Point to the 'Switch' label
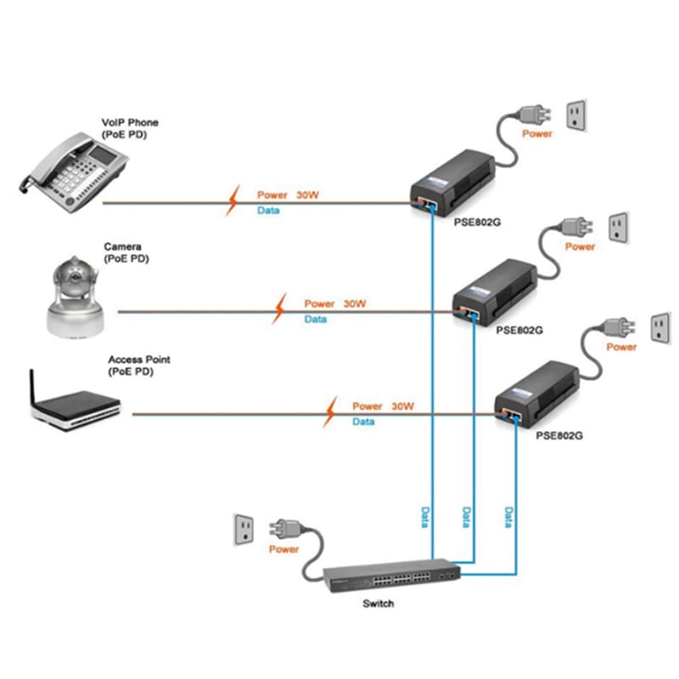pos(379,604)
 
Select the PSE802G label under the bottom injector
pos(559,435)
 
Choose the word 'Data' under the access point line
pos(363,422)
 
